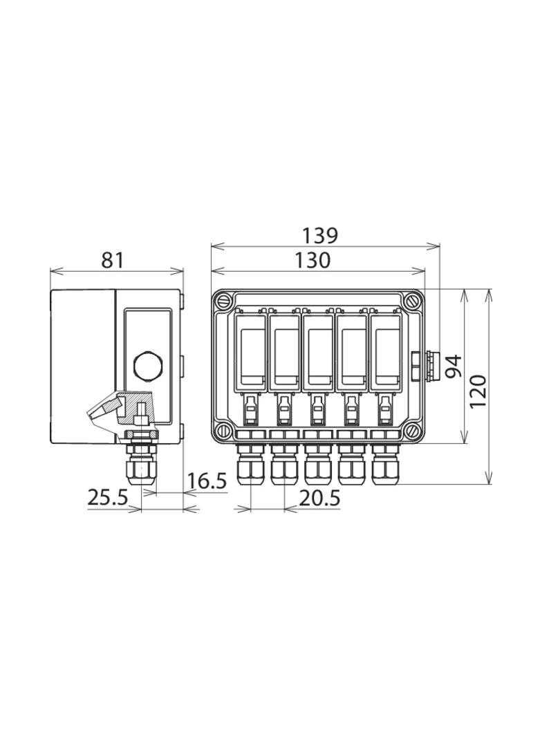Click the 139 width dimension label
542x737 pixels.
319,236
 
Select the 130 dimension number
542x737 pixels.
312,260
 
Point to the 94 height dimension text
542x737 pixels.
454,366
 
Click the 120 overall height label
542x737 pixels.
478,391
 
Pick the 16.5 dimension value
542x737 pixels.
207,481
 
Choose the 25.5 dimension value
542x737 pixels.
108,497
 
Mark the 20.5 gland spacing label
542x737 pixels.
319,497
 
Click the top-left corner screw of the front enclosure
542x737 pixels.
223,301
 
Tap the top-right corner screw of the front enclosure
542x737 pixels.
413,301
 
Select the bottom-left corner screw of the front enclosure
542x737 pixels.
223,430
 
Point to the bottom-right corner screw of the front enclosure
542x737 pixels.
413,430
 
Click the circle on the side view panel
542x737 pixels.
147,365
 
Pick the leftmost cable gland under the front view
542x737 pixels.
250,465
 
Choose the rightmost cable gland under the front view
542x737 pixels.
386,465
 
